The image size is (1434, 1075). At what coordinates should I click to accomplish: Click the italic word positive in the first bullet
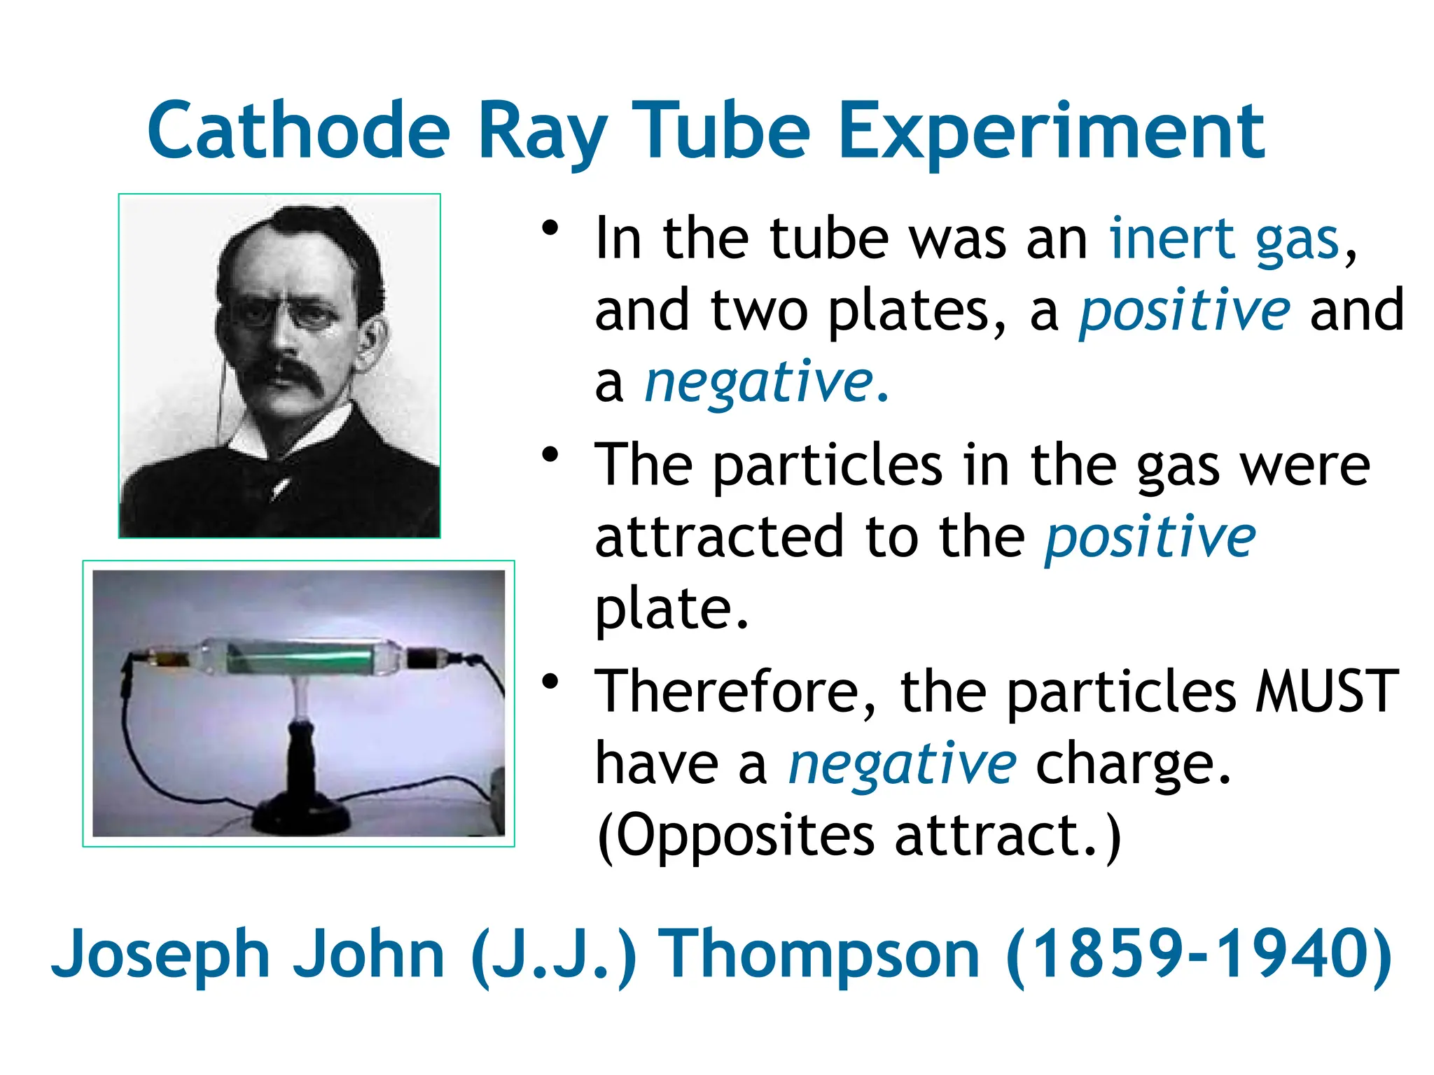point(1184,311)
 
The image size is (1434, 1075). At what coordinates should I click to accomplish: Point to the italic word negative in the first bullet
point(759,383)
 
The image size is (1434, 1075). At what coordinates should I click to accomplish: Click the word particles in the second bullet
point(828,466)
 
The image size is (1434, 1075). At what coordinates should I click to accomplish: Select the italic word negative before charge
point(902,764)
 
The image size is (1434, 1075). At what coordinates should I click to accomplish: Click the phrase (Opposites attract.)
point(858,836)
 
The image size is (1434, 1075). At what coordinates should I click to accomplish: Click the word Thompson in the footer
point(821,955)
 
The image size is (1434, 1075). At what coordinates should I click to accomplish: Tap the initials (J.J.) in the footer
point(554,955)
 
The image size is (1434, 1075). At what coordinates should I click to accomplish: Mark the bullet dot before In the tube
point(550,228)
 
